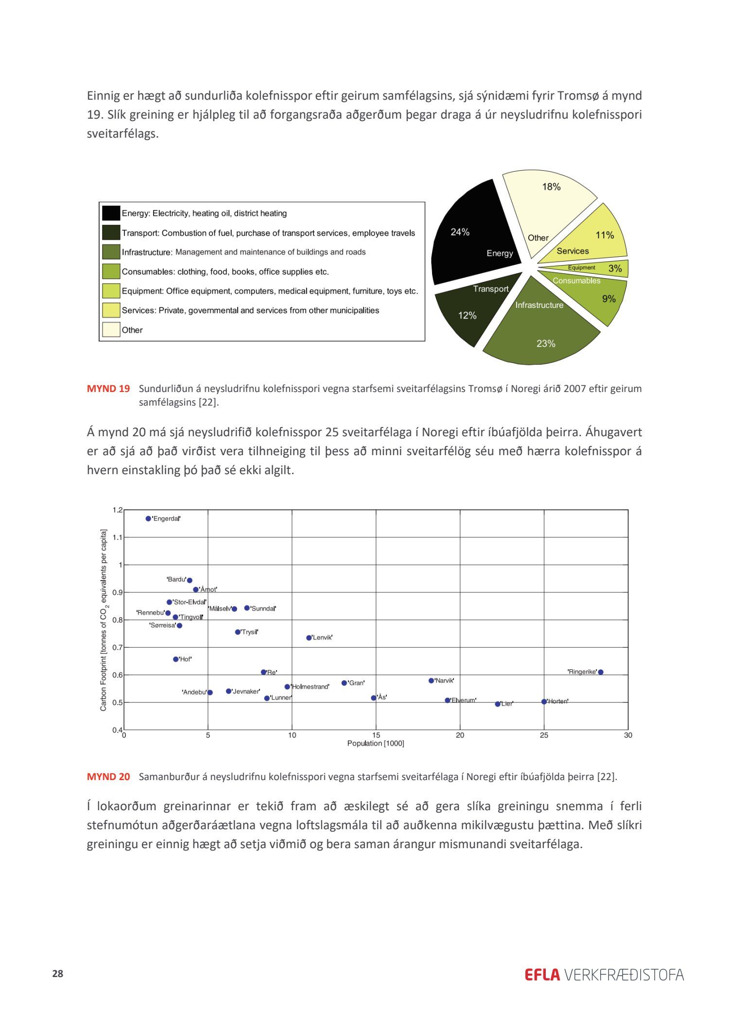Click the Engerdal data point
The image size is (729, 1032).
coord(148,518)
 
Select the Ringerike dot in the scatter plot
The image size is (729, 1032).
coord(601,672)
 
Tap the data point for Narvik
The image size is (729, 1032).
coord(431,680)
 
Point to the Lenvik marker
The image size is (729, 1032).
coord(309,638)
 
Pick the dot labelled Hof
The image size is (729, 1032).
coord(176,659)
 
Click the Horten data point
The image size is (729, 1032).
coord(544,701)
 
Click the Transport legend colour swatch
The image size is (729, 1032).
coord(111,232)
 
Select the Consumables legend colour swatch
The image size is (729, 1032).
coord(111,271)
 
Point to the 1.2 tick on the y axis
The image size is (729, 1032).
coord(118,510)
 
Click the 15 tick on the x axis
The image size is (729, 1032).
coord(376,735)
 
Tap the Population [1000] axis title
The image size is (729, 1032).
coord(376,743)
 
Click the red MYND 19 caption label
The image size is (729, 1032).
coord(108,389)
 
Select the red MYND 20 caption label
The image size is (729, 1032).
coord(108,777)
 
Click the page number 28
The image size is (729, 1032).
coord(58,973)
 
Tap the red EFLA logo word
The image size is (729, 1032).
coord(542,975)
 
